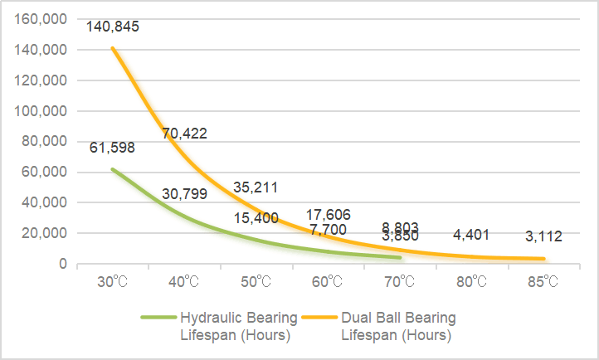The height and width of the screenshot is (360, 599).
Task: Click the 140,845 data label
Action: (x=113, y=27)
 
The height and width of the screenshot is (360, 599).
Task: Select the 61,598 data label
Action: (x=113, y=148)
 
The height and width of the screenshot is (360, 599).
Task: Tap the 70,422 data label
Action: (x=184, y=133)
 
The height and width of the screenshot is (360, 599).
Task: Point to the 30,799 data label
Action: (x=184, y=194)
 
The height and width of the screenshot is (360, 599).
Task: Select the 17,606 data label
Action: (x=329, y=214)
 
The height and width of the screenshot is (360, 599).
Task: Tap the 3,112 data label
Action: (x=544, y=236)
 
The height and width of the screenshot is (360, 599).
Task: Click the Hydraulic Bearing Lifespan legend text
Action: (x=236, y=326)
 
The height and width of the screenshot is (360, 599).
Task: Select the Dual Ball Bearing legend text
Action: (x=398, y=326)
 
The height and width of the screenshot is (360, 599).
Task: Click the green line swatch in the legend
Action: (x=158, y=318)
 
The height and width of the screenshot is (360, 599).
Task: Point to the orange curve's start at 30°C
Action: (x=113, y=48)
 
